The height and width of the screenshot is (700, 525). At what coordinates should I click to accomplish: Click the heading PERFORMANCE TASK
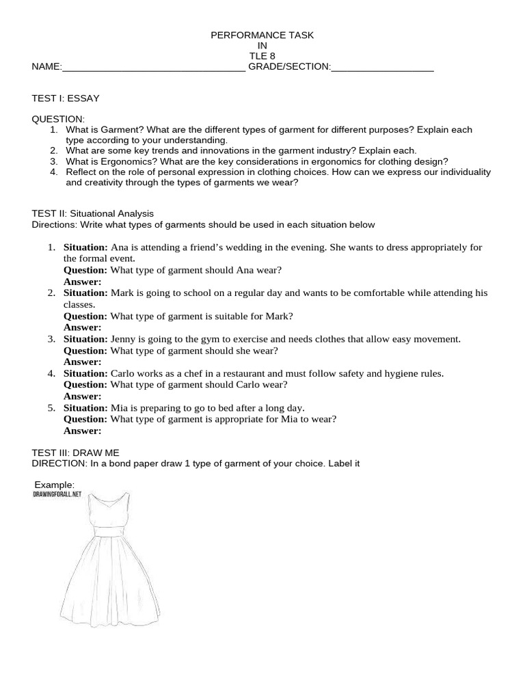[x=262, y=36]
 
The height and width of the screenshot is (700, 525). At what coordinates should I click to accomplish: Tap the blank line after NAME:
[x=153, y=68]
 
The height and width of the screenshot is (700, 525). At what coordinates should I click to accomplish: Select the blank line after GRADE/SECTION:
[x=382, y=68]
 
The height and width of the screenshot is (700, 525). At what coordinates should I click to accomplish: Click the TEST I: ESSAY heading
[x=66, y=98]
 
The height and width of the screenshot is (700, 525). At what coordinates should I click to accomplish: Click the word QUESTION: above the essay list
[x=58, y=119]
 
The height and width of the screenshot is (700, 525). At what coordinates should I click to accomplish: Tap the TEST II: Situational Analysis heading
[x=93, y=214]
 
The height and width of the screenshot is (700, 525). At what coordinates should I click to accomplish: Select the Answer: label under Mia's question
[x=82, y=431]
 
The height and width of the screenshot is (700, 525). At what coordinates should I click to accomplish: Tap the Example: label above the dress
[x=59, y=485]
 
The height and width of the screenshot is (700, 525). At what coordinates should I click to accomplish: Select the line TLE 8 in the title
[x=262, y=57]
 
